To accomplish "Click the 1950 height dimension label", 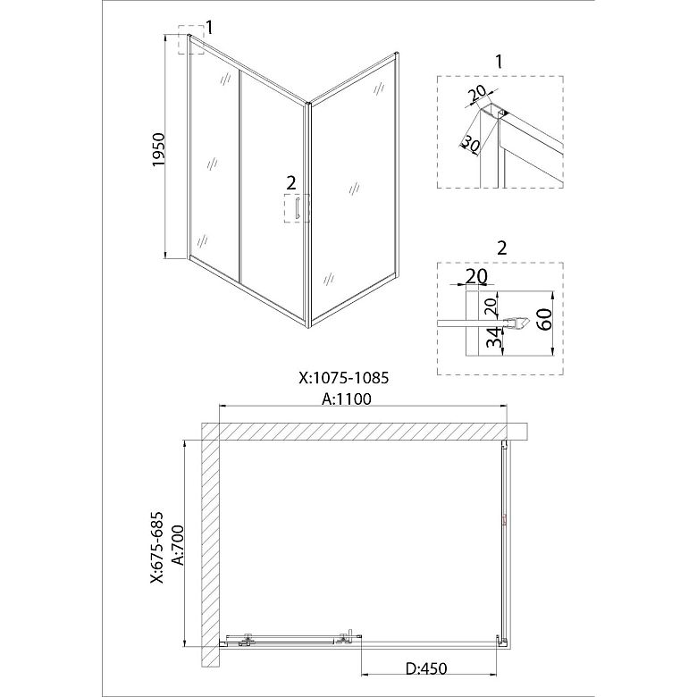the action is click(159, 150).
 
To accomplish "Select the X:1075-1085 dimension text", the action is click(344, 378).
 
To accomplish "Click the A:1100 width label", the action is click(347, 399).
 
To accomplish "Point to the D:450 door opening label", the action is click(426, 668).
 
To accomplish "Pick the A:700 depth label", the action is click(178, 544).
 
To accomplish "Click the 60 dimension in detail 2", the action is click(545, 319).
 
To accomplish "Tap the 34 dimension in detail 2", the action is click(493, 339).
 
